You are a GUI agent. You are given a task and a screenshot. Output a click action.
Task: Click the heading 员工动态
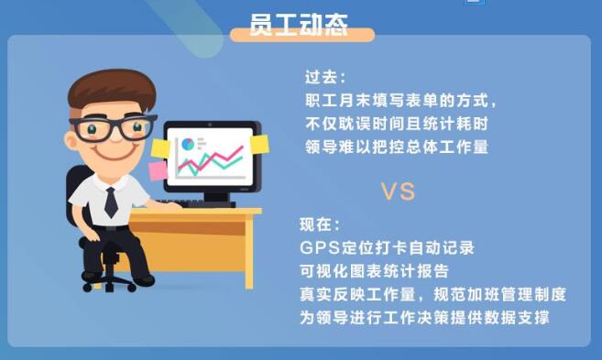[x=299, y=25]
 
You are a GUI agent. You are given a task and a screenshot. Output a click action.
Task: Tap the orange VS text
[x=398, y=191]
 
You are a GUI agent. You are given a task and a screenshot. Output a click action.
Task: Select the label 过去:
[x=325, y=77]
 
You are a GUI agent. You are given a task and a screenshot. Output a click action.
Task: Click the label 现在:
[x=320, y=224]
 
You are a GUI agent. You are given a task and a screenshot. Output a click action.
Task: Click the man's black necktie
[x=111, y=202]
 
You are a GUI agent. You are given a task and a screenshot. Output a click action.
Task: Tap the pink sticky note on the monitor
[x=158, y=170]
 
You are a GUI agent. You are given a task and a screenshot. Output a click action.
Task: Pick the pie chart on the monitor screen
[x=188, y=145]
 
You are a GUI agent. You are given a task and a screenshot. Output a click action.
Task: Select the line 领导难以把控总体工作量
[x=397, y=147]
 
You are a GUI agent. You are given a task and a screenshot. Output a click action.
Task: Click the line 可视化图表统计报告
[x=374, y=271]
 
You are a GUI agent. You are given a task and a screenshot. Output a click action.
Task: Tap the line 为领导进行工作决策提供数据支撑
[x=424, y=317]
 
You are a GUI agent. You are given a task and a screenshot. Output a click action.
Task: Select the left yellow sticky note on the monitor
[x=161, y=148]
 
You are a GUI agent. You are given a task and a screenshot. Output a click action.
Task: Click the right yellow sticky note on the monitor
[x=259, y=145]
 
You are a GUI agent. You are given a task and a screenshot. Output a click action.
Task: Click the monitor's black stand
[x=216, y=199]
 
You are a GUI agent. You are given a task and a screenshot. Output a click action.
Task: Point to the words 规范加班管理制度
[x=500, y=294]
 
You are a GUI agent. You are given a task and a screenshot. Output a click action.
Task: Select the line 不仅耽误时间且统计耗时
[x=397, y=124]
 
